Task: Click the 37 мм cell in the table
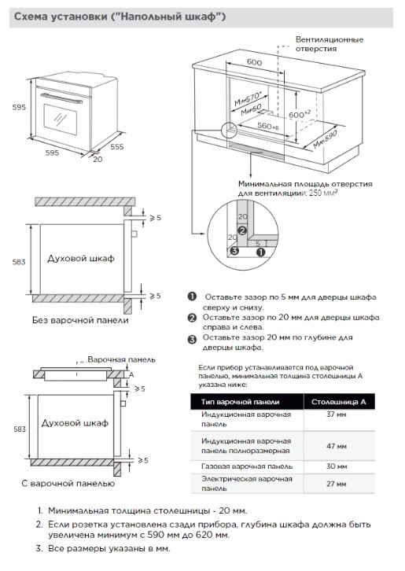pos(336,414)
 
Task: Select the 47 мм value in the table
pos(337,446)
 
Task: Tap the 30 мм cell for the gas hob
pos(337,466)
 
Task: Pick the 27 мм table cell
pos(336,484)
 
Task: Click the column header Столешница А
pos(339,402)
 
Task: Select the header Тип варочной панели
pos(240,402)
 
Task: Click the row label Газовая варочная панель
pos(247,466)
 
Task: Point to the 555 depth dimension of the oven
pos(117,147)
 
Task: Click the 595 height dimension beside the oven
pos(19,107)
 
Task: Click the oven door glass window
pos(61,119)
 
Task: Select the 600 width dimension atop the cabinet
pos(254,62)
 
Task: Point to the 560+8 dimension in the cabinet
pos(268,126)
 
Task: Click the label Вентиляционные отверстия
pos(330,44)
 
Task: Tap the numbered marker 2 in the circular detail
pos(242,230)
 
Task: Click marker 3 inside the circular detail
pos(234,251)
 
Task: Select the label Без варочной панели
pos(80,320)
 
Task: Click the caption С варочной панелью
pos(68,483)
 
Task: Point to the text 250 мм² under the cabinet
pos(323,193)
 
